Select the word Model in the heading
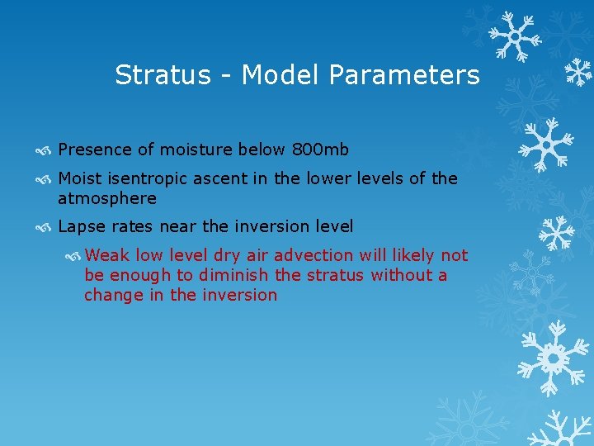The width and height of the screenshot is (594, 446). (x=281, y=75)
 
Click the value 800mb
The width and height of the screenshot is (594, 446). (x=320, y=149)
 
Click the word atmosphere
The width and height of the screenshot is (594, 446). (x=107, y=199)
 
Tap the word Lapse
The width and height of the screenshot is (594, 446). (x=81, y=225)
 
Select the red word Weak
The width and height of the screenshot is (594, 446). (x=106, y=255)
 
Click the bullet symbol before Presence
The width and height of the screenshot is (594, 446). (x=47, y=150)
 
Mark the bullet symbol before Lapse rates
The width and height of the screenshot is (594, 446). (x=47, y=226)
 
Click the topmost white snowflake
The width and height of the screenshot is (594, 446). (x=513, y=36)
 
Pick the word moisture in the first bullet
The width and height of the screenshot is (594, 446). (x=199, y=149)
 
